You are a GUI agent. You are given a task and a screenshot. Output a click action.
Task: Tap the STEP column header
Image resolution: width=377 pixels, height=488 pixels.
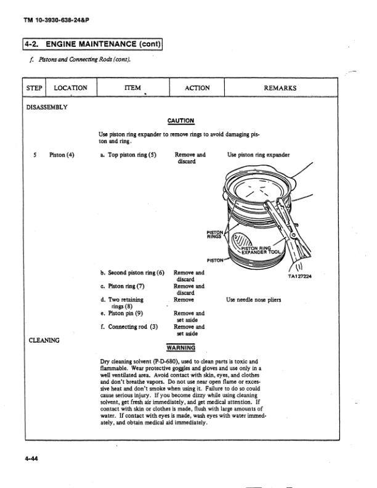click(34, 88)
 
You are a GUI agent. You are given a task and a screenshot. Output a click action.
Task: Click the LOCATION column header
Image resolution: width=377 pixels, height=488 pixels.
click(71, 88)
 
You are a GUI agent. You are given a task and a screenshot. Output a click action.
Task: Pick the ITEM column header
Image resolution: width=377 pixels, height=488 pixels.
click(132, 88)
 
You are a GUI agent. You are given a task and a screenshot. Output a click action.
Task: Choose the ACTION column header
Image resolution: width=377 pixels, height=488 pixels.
click(197, 88)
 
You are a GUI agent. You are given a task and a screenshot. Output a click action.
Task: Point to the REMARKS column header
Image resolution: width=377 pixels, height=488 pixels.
click(280, 88)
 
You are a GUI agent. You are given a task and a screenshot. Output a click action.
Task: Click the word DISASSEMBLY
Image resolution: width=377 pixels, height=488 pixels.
click(47, 107)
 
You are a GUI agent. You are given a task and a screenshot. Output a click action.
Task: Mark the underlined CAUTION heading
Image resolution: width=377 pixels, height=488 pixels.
click(180, 121)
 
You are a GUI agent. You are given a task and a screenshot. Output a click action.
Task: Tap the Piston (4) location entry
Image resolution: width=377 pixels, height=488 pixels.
click(62, 155)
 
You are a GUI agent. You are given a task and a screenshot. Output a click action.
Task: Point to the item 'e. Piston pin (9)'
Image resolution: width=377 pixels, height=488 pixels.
click(125, 313)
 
